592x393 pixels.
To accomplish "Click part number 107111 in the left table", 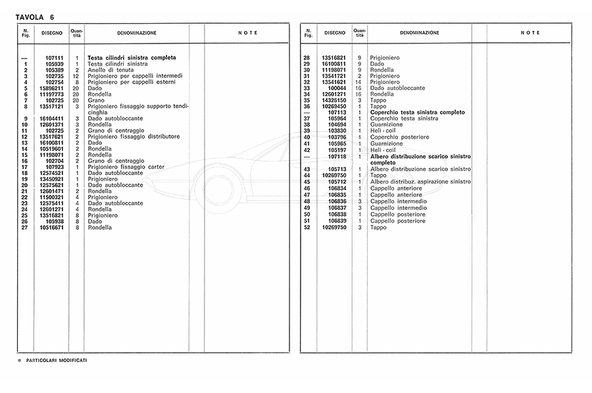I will [54, 58].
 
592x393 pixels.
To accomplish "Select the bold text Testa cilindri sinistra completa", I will [132, 58].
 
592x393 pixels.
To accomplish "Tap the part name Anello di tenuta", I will [111, 70].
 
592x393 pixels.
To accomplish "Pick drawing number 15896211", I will [51, 88].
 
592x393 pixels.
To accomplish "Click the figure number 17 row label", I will [25, 167].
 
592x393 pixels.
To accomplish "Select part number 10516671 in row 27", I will [51, 227].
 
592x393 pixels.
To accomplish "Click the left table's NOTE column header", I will [247, 33].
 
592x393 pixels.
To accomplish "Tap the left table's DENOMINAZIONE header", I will [136, 33].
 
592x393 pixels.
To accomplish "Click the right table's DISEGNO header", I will [334, 33].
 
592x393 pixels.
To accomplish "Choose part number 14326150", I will [333, 100].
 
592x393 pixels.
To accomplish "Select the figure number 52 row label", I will [307, 227].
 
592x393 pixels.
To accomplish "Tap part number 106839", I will [337, 221].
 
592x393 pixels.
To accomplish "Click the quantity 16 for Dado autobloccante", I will [359, 88].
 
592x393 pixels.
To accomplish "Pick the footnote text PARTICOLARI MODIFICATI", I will [57, 361].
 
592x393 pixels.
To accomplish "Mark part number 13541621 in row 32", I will [333, 82].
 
